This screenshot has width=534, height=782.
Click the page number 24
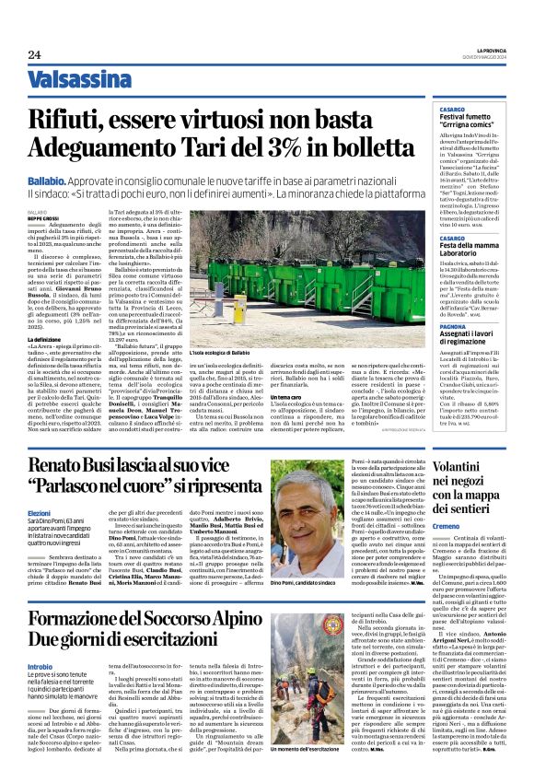click(34, 55)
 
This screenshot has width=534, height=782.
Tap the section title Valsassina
click(80, 79)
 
